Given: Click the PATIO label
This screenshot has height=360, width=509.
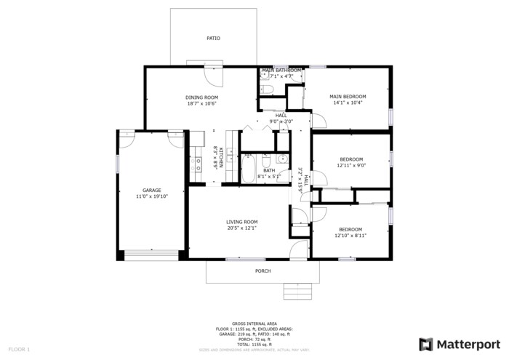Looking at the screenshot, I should (213, 39).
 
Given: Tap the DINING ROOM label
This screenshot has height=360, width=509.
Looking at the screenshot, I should (201, 97).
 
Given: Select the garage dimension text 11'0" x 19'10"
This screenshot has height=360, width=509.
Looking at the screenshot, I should (151, 196).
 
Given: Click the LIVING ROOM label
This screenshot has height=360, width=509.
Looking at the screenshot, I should (241, 222).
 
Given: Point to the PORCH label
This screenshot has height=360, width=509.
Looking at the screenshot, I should (262, 271).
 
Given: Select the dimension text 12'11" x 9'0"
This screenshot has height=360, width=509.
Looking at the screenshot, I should (351, 165).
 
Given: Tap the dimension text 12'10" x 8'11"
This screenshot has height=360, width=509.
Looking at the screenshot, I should (350, 236).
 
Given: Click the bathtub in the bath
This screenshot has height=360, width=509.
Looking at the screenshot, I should (247, 169).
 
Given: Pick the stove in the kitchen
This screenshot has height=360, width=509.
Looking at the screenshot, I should (197, 164).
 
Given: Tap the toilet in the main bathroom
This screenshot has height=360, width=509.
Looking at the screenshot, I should (265, 89).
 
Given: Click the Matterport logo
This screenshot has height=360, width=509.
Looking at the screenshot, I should (459, 343).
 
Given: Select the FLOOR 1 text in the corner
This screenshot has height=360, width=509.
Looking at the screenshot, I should (19, 350).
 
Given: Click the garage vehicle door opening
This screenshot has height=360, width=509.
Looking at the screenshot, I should (151, 255).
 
